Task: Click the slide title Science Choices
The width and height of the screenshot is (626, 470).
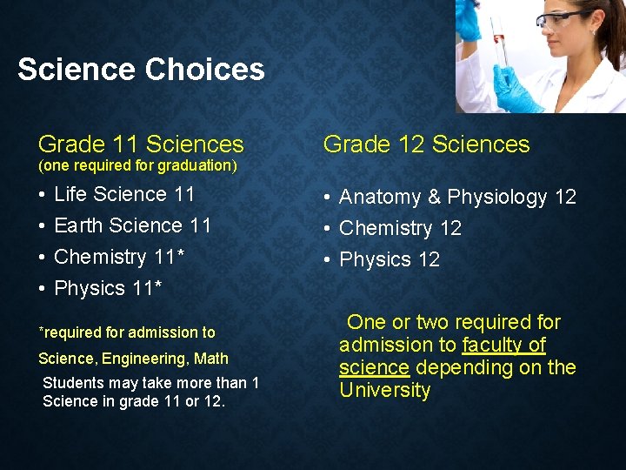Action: coord(141,70)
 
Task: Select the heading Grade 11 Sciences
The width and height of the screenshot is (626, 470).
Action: coord(141,144)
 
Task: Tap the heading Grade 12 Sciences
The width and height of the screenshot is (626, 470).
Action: coord(426,144)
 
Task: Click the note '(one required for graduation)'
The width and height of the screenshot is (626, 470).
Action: coord(137,165)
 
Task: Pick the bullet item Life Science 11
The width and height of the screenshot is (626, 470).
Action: coord(124,194)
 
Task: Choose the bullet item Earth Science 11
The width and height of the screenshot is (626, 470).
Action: coord(132,225)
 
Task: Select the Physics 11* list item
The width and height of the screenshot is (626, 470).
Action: coord(108,288)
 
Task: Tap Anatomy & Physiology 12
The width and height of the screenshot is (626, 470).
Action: coord(457,198)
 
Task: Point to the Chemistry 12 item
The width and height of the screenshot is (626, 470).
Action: coord(400,229)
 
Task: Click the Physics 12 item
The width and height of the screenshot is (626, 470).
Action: coord(390,260)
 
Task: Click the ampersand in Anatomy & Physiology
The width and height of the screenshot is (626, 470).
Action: coord(434,198)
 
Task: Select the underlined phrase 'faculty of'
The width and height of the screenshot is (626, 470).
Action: coord(503,345)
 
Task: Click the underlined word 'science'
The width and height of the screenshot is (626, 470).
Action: coord(374,367)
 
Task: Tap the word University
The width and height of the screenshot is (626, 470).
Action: coord(384,390)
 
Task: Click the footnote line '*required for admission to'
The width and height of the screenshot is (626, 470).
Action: coord(127,332)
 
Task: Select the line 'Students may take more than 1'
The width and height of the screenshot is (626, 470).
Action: coord(150,383)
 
